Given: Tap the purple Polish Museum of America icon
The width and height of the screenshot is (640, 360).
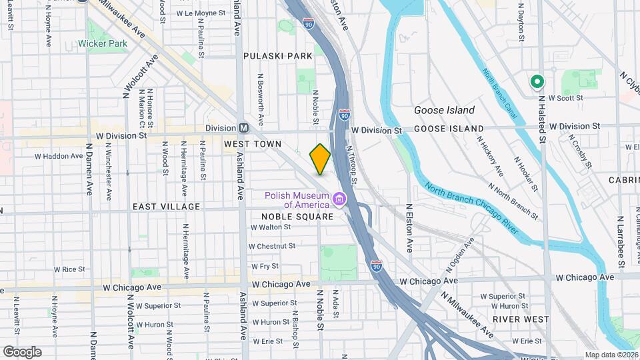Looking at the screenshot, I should click(339, 199).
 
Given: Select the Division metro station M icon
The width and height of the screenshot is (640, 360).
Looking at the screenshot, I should click(244, 128).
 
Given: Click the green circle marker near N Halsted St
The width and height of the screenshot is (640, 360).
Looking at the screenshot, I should click(537, 82).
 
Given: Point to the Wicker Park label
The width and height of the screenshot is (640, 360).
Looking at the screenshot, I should click(102, 44).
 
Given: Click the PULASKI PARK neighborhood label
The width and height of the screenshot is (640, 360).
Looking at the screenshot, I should click(278, 56).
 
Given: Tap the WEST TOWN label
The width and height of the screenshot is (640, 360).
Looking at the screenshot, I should click(253, 144).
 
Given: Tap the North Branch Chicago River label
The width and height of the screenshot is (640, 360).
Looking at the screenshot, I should click(471, 207).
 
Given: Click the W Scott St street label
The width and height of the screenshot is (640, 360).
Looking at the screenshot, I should click(565, 97).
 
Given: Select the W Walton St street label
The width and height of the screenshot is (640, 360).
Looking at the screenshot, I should click(271, 227).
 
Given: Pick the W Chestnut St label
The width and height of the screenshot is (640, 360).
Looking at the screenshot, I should click(272, 246).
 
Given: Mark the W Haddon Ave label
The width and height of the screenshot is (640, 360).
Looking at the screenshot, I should click(59, 157).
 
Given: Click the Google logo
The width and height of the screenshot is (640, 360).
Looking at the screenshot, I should click(22, 352).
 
